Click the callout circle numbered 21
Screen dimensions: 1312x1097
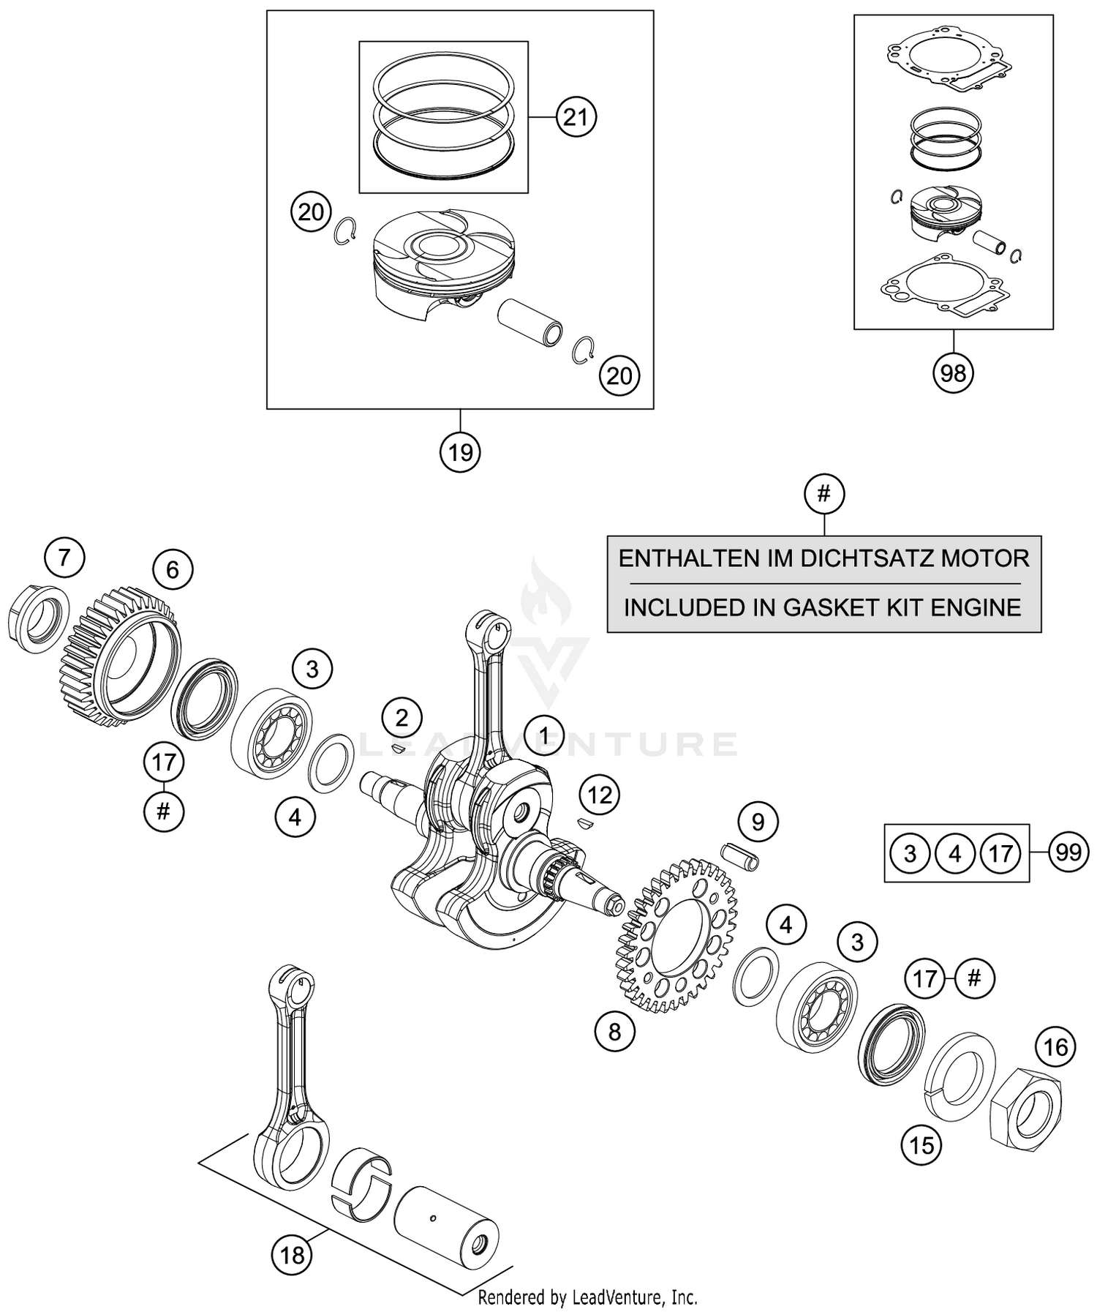[576, 117]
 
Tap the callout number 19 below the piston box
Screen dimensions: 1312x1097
[460, 452]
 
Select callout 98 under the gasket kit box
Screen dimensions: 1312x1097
[953, 374]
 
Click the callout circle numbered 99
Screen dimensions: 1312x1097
[1068, 852]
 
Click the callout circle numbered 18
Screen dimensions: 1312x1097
[292, 1256]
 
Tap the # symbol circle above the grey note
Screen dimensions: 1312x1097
[824, 495]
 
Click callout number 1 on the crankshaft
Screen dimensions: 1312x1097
[543, 735]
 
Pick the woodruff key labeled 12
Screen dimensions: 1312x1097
[583, 824]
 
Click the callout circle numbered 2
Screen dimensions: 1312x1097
[402, 718]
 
